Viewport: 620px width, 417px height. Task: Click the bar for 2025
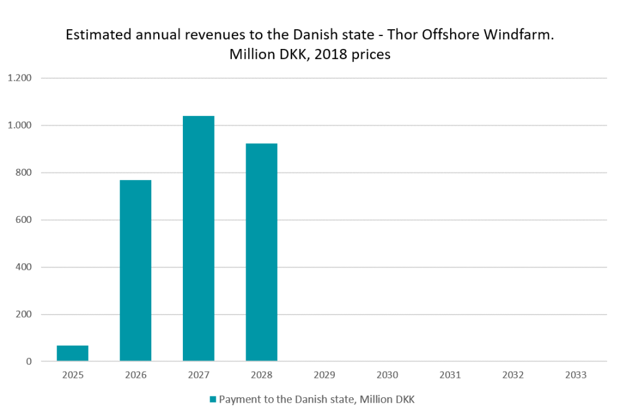[73, 353]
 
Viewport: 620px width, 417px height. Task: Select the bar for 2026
[135, 271]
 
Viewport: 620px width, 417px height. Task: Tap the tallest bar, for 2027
[198, 238]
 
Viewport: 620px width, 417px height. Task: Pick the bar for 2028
[261, 252]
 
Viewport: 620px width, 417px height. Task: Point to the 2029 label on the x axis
[324, 375]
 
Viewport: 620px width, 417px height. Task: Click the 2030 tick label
[387, 375]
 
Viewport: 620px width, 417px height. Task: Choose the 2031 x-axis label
[450, 375]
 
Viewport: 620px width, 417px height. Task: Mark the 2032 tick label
[513, 375]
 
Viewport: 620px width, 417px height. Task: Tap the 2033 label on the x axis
[576, 375]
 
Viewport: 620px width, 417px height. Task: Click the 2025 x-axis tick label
[73, 375]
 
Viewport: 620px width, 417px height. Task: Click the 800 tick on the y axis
[24, 173]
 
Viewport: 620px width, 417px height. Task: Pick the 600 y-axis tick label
[24, 220]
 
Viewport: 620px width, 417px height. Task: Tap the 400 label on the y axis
[24, 267]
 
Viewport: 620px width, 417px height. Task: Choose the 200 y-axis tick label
[24, 314]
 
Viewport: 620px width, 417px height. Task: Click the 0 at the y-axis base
[29, 361]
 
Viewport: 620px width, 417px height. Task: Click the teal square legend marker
[213, 400]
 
